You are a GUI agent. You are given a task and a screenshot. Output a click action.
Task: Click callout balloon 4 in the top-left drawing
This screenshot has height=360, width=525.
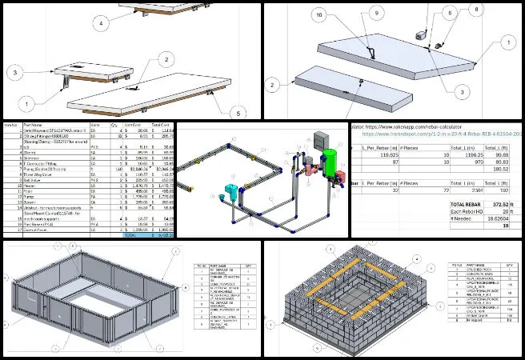(x=102, y=24)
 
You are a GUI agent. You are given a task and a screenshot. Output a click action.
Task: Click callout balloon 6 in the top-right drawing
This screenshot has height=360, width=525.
(x=450, y=14)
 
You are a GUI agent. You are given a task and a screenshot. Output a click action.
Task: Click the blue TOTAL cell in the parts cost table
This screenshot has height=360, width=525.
(x=129, y=236)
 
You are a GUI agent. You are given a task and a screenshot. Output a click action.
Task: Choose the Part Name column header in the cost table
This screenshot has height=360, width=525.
(x=40, y=126)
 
